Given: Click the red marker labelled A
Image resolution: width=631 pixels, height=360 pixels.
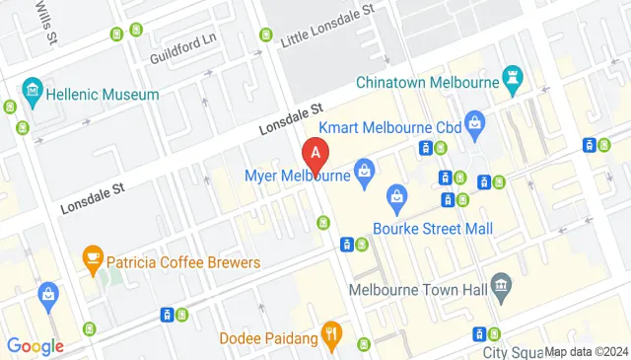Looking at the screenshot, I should point(315,154).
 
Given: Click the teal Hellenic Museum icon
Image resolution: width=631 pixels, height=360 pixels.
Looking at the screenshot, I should point(34,93).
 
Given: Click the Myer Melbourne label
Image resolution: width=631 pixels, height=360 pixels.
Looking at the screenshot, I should point(298,177).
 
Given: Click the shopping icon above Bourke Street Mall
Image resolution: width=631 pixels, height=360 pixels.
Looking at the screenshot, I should point(397,197).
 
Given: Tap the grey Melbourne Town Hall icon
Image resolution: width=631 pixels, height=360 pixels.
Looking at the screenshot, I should point(501,287).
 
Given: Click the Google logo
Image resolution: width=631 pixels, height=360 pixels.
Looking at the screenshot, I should point(35,345).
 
